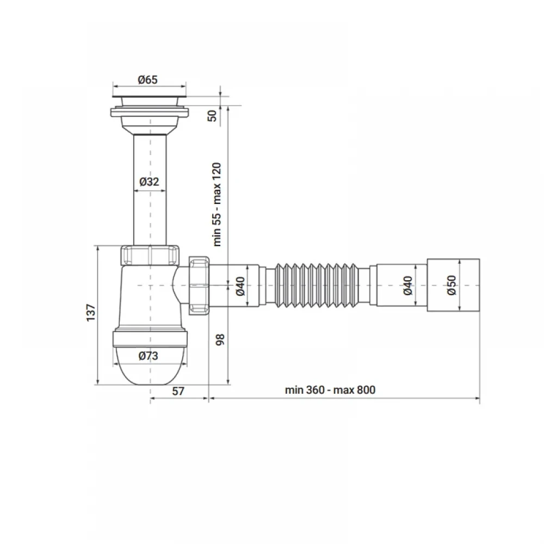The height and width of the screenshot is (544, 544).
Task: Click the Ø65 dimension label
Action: (x=148, y=80)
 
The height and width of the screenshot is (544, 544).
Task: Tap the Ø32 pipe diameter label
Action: (x=149, y=182)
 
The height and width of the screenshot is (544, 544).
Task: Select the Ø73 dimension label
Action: (x=148, y=356)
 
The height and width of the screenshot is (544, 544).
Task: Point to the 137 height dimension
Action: (x=91, y=313)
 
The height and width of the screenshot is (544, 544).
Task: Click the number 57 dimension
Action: (x=178, y=391)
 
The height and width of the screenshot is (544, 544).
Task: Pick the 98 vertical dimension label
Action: (x=220, y=339)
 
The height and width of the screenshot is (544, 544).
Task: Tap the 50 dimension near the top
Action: (x=212, y=115)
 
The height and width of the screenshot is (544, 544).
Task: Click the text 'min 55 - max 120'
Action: (x=217, y=205)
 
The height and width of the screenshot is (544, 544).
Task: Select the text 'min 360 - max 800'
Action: (x=330, y=390)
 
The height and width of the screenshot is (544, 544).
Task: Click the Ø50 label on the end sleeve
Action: (x=452, y=285)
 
